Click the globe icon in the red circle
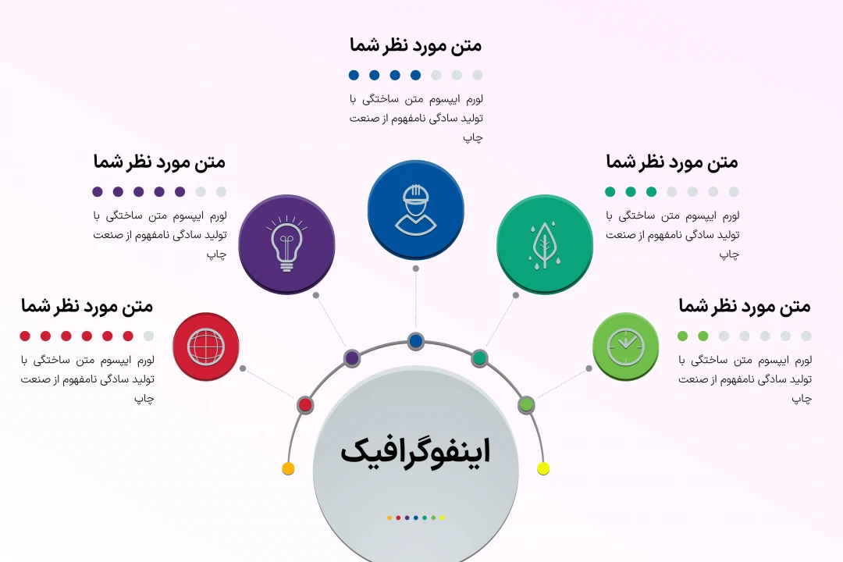(x=206, y=347)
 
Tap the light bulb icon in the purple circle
(x=286, y=244)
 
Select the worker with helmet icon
(x=415, y=209)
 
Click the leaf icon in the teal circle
(x=544, y=244)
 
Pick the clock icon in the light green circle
(x=626, y=346)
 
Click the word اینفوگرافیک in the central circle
(x=415, y=451)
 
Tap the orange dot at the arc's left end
(x=288, y=468)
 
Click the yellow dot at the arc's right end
(x=543, y=468)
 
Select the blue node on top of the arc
(x=415, y=341)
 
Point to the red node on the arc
(x=305, y=405)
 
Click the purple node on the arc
(x=352, y=358)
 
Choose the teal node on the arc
(x=480, y=358)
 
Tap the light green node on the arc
(x=526, y=404)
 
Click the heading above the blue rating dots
(x=415, y=45)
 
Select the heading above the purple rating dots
(x=159, y=162)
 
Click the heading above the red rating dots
(x=87, y=306)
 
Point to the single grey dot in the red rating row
(x=148, y=336)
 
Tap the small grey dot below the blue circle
(x=416, y=269)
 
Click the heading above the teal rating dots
(x=671, y=162)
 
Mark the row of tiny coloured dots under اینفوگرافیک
(x=415, y=518)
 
